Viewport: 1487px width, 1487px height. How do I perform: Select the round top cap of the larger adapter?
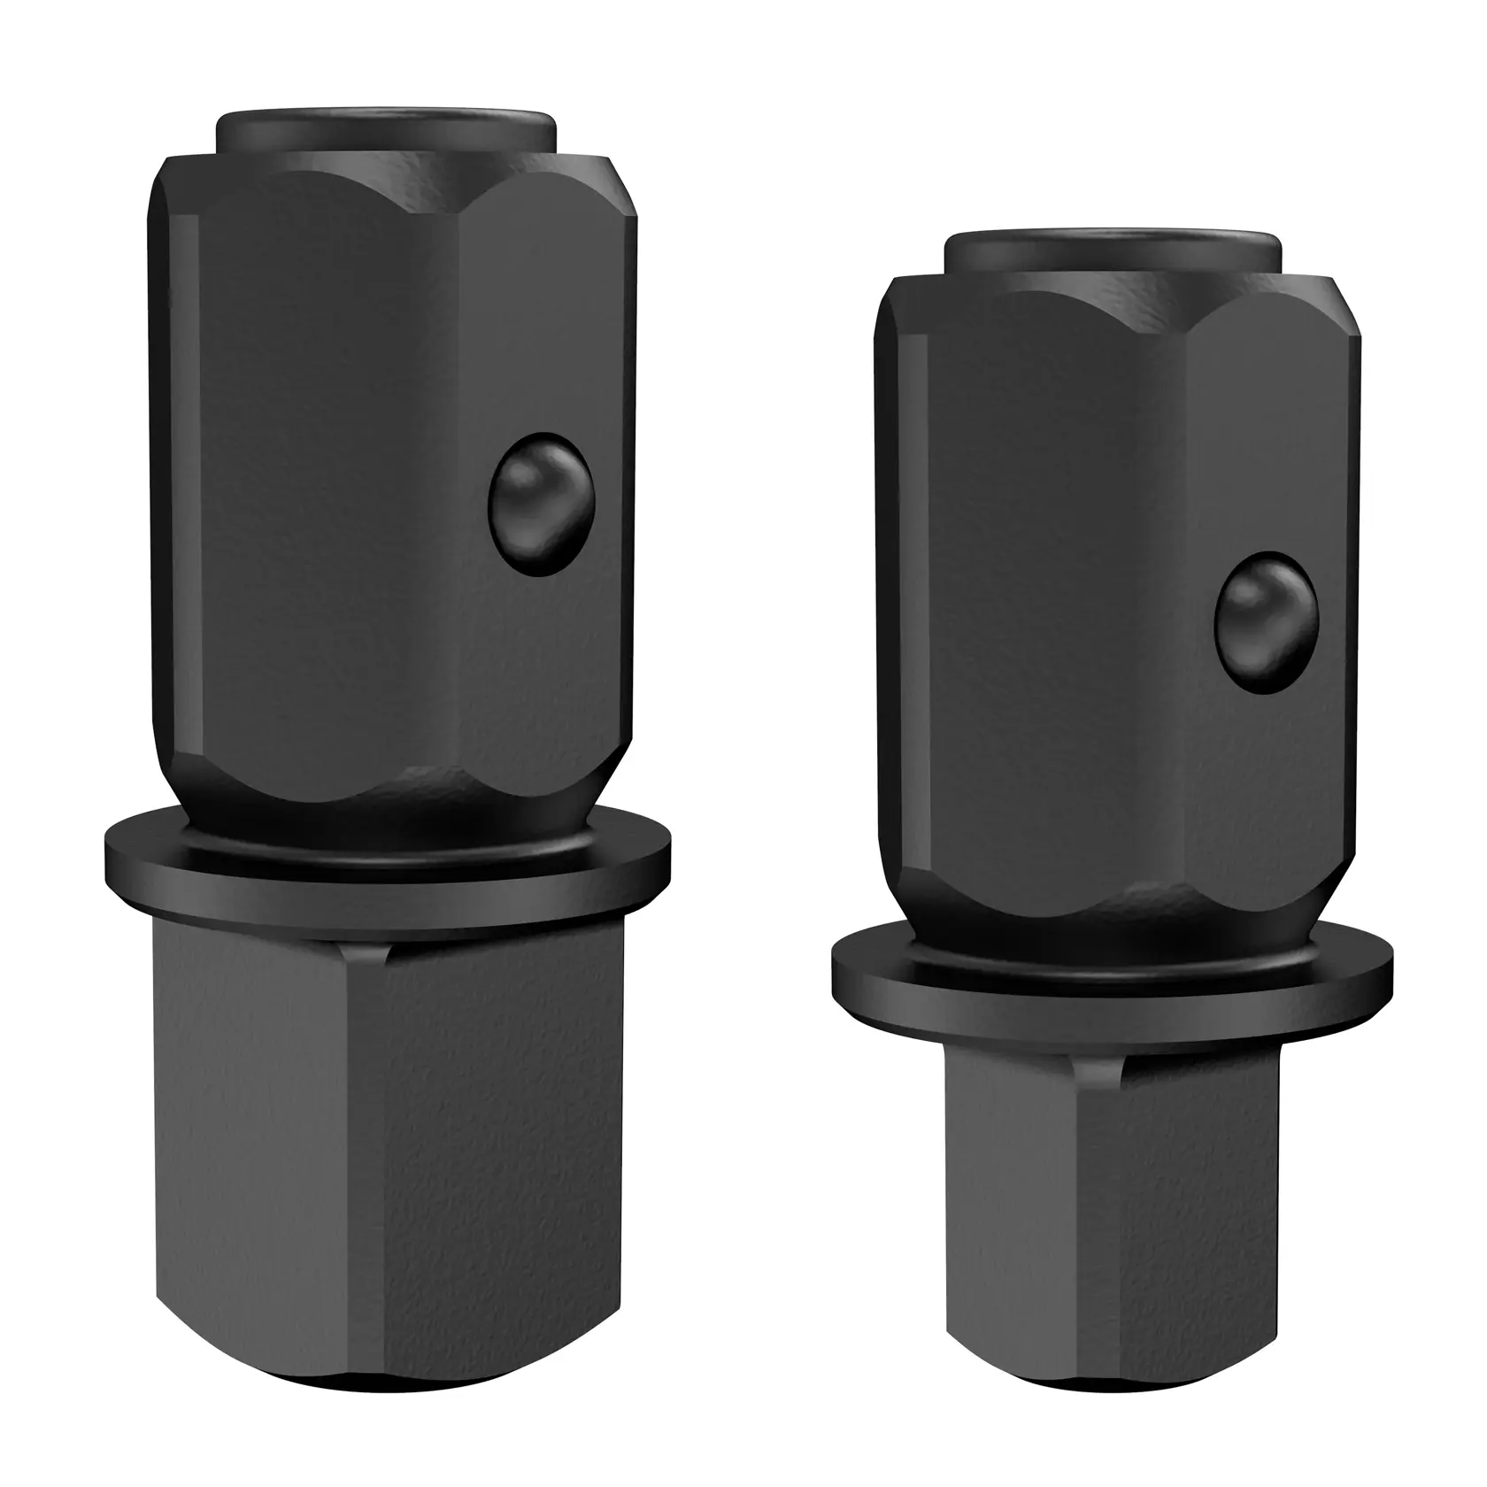(386, 131)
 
